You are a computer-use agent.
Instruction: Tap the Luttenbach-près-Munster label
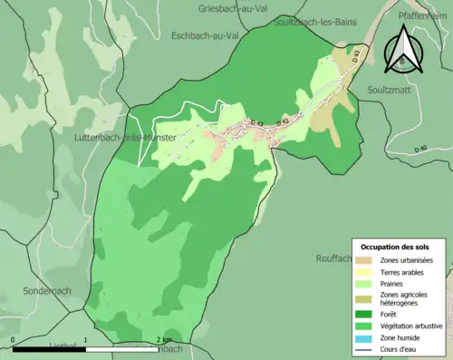click(x=123, y=137)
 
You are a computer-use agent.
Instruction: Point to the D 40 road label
click(x=420, y=149)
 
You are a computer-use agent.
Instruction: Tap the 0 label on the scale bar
click(x=14, y=339)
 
